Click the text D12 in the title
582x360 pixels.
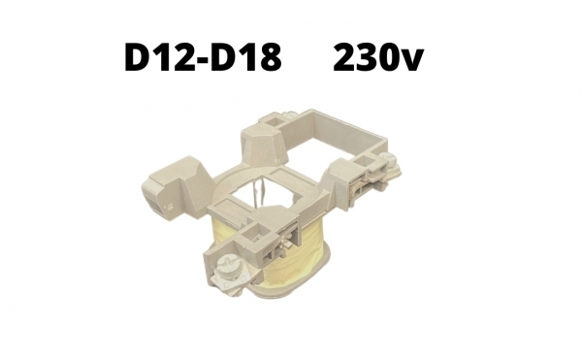(x=160, y=57)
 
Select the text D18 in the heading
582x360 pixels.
(x=245, y=57)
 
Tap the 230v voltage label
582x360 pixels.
(x=378, y=57)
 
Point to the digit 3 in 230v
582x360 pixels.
(x=368, y=57)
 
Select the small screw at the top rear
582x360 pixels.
(x=290, y=115)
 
